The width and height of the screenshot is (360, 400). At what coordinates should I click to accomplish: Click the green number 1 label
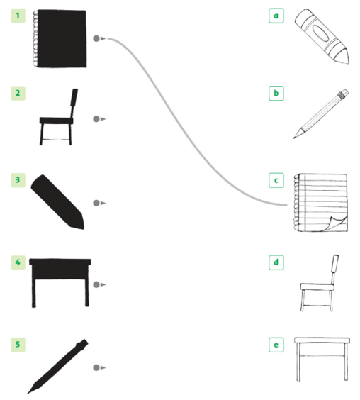tap(18, 16)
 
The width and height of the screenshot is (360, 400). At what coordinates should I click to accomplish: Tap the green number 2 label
tap(18, 93)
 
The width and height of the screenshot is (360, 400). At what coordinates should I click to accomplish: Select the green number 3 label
tap(18, 180)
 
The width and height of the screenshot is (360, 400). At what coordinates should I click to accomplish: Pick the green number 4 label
tap(18, 262)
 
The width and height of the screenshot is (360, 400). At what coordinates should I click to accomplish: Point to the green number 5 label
tap(18, 345)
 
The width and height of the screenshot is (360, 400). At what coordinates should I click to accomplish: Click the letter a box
tap(276, 16)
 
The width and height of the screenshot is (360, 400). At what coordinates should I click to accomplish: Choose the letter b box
tap(276, 94)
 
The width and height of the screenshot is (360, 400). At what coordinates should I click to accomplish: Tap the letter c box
tap(276, 180)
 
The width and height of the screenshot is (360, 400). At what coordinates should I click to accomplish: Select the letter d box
tap(276, 262)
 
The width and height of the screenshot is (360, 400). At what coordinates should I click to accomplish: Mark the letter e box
tap(276, 345)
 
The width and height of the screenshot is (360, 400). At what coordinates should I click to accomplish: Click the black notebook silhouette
tap(60, 39)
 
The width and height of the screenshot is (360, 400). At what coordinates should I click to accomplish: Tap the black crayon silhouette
tap(57, 202)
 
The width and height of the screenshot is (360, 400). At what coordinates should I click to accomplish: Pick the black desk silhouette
tap(60, 283)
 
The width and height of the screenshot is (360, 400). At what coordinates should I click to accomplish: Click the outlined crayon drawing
tap(322, 36)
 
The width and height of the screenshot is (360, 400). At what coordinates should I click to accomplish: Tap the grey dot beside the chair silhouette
tap(96, 119)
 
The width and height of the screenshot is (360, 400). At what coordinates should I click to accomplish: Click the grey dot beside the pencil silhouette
tap(96, 367)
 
